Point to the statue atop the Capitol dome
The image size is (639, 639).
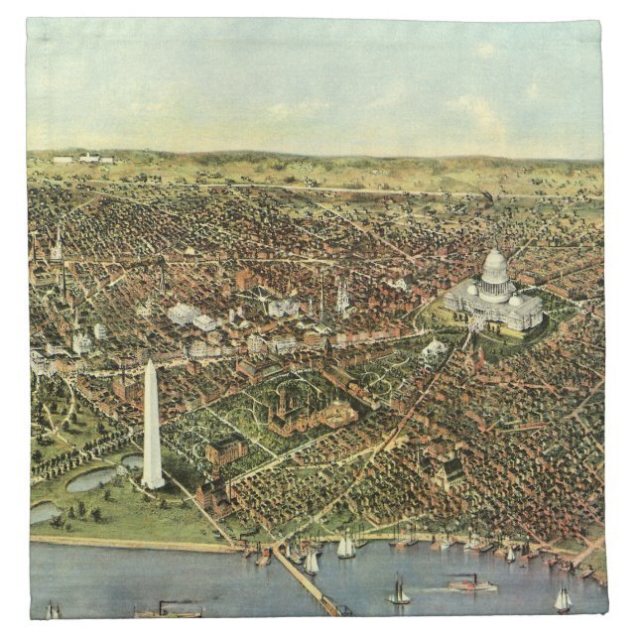(x=494, y=246)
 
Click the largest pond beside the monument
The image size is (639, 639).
(x=91, y=479)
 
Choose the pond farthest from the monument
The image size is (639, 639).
(x=42, y=512)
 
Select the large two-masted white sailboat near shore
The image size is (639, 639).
(x=345, y=546)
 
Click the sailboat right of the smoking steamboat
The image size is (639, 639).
(x=563, y=598)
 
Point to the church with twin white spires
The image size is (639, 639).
(x=342, y=297)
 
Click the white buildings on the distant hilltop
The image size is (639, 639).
(x=83, y=158)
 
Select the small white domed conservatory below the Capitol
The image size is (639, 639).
(x=434, y=349)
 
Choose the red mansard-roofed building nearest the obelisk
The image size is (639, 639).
(x=227, y=451)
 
